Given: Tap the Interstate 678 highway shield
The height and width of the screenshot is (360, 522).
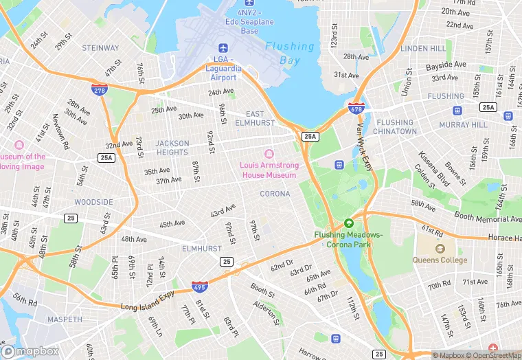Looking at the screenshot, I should [x=356, y=108].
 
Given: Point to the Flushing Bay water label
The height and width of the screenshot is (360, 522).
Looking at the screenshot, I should [x=290, y=53].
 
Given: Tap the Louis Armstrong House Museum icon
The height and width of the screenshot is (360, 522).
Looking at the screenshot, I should [x=269, y=153].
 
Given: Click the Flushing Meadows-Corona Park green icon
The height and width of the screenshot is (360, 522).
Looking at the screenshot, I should [x=348, y=223].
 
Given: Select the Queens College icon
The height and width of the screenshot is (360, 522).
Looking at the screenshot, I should [x=440, y=248].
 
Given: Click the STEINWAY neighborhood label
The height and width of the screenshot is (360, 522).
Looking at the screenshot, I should [x=100, y=48].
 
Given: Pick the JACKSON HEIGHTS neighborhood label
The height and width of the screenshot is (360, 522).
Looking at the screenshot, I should [x=172, y=148].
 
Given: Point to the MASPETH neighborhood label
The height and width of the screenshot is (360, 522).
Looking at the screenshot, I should [x=65, y=319].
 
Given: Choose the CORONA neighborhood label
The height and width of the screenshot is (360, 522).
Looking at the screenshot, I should [x=275, y=194].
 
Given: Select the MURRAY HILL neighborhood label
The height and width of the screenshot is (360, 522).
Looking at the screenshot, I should [x=463, y=125].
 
